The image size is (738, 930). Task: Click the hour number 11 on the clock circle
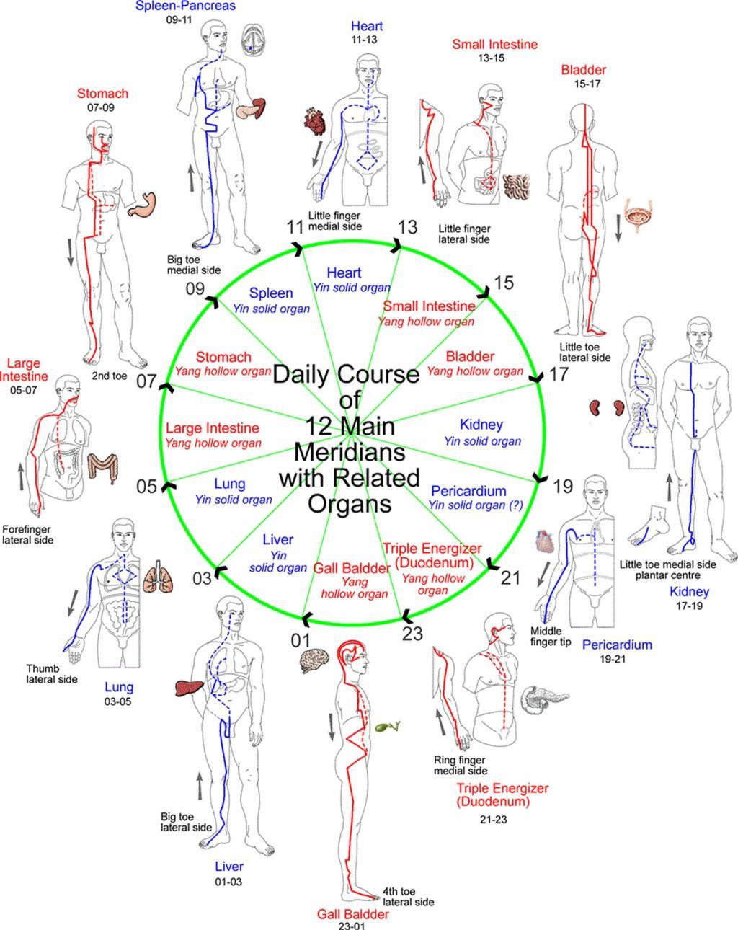[x=295, y=227]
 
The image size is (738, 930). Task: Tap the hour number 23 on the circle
[x=412, y=634]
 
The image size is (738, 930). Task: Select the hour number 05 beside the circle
[x=146, y=486]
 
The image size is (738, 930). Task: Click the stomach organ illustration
[x=142, y=205]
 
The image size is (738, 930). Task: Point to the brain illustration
[x=314, y=660]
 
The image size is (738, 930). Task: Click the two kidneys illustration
[x=607, y=407]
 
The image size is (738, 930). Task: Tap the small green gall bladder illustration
[x=388, y=727]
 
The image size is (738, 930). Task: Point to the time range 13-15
[x=492, y=58]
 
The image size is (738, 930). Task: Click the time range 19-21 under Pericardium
[x=613, y=659]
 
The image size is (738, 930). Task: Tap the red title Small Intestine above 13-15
[x=494, y=44]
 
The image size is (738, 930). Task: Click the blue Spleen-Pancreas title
[x=185, y=6]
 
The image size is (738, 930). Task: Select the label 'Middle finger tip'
[x=551, y=637]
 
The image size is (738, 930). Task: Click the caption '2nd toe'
[x=110, y=376]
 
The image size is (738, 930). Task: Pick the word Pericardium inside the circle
[x=468, y=491]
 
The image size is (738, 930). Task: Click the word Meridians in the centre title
[x=350, y=452]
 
